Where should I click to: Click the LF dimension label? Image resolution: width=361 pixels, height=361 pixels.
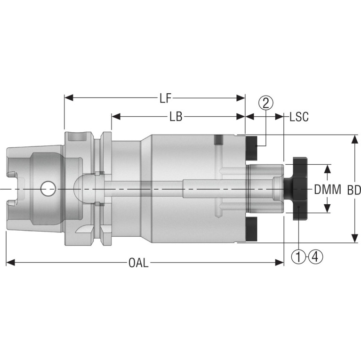tap(166, 98)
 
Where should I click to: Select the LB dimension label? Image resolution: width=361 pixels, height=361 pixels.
tap(176, 117)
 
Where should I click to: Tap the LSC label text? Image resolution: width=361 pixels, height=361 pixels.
tap(299, 117)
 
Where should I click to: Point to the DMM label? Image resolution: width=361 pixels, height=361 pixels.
tap(328, 190)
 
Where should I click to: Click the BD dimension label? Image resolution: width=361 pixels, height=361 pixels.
tap(354, 190)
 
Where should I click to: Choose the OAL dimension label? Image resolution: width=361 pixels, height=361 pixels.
tap(138, 263)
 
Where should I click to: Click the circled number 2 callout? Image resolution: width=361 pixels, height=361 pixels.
tap(266, 103)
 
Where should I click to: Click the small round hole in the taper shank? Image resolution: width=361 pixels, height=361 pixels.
tap(48, 189)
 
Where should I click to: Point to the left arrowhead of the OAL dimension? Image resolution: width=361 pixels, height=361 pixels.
tap(10, 263)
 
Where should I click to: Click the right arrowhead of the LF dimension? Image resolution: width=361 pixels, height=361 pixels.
tap(241, 98)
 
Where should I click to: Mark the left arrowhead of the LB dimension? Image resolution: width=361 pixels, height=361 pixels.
tap(116, 117)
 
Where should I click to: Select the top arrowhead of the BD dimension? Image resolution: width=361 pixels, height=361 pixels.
tap(354, 140)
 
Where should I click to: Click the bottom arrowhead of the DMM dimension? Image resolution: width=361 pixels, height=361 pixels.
tap(328, 209)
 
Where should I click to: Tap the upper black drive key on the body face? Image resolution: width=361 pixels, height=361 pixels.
tap(251, 148)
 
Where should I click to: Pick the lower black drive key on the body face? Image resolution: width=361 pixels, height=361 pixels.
tap(251, 229)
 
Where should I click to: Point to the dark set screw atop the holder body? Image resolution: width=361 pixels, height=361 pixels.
tap(219, 139)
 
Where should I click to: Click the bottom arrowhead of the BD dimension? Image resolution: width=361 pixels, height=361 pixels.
tap(354, 238)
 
